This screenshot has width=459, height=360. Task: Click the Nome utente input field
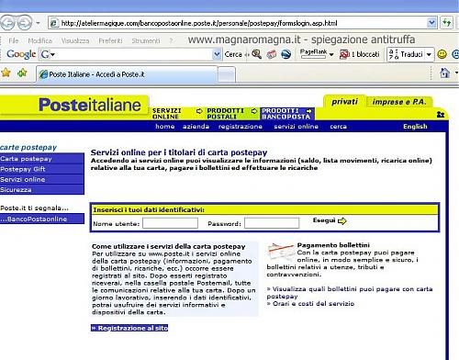click(170, 223)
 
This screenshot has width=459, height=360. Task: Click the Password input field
click(272, 223)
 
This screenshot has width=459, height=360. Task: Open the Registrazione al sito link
click(130, 328)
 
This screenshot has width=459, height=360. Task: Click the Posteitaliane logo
click(90, 106)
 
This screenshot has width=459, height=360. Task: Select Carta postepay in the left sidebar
click(26, 159)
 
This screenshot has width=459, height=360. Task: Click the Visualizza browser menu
click(74, 41)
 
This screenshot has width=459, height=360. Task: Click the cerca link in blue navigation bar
click(339, 127)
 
